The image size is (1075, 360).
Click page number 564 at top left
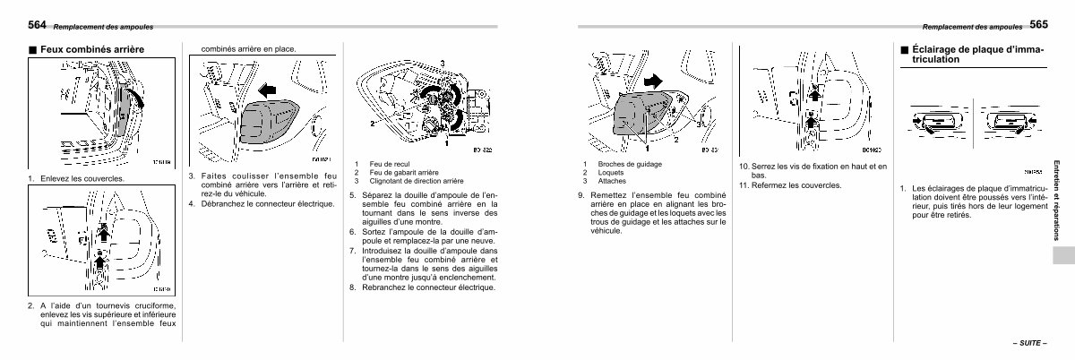pyautogui.click(x=39, y=23)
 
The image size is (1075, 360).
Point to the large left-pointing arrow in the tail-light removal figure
pyautogui.click(x=265, y=90)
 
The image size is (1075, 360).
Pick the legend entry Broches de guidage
pyautogui.click(x=630, y=163)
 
